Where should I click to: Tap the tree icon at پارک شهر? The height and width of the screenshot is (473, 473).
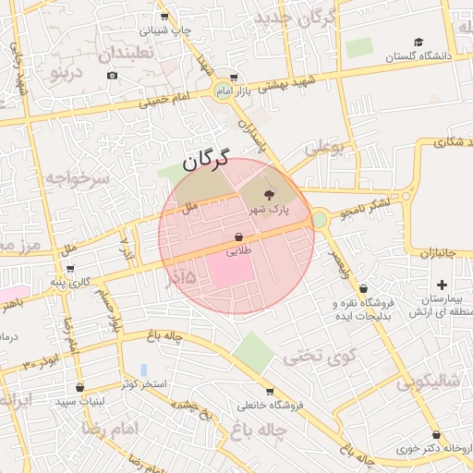pyautogui.click(x=269, y=195)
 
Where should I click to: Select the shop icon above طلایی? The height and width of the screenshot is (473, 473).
pyautogui.click(x=238, y=237)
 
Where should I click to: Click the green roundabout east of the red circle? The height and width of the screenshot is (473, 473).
pyautogui.click(x=320, y=220)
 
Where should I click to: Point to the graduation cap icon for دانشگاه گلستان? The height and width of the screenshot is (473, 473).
pyautogui.click(x=418, y=42)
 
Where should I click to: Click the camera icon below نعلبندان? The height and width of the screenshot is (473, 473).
pyautogui.click(x=113, y=75)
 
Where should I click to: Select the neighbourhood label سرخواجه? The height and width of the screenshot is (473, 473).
pyautogui.click(x=78, y=177)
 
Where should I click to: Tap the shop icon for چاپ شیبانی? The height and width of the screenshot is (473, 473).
pyautogui.click(x=164, y=17)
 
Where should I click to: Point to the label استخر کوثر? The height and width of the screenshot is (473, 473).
pyautogui.click(x=143, y=382)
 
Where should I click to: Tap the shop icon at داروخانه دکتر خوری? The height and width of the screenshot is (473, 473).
pyautogui.click(x=435, y=435)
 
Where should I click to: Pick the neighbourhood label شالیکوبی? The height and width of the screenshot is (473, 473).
pyautogui.click(x=428, y=381)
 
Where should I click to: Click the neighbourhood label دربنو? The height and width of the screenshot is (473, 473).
pyautogui.click(x=67, y=71)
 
